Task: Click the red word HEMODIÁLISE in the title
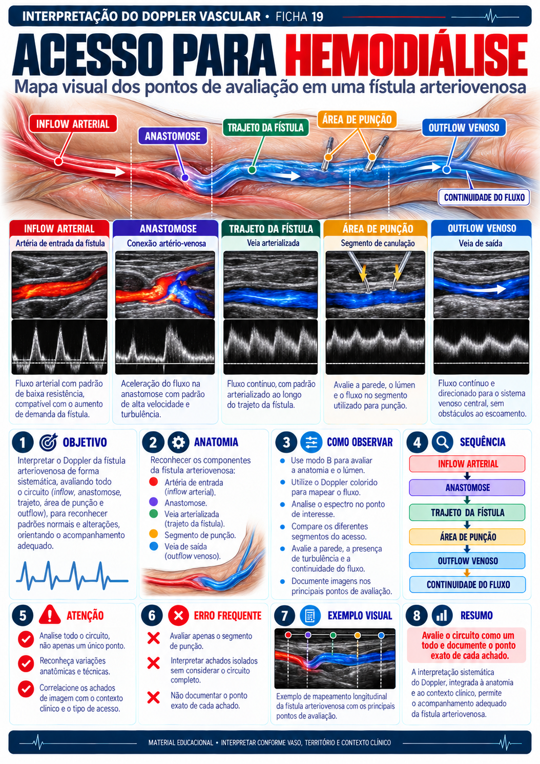[406, 56]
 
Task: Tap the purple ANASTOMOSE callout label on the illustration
[173, 136]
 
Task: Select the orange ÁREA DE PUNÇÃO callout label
[357, 119]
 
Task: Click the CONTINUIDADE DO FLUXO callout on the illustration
[484, 197]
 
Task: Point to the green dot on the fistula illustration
[252, 169]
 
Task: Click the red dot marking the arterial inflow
[58, 161]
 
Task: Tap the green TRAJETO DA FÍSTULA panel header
[271, 228]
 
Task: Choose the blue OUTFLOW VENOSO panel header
[481, 228]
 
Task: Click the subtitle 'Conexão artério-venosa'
[166, 243]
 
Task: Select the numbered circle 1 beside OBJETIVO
[23, 442]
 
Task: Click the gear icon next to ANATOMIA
[178, 442]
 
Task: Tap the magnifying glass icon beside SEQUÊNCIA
[442, 442]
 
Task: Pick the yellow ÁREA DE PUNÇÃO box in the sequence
[467, 537]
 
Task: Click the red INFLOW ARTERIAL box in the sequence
[467, 464]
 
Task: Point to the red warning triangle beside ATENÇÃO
[50, 615]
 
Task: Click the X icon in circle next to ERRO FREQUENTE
[178, 616]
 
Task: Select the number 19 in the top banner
[317, 16]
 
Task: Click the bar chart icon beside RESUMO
[442, 616]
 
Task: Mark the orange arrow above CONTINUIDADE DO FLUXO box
[467, 572]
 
